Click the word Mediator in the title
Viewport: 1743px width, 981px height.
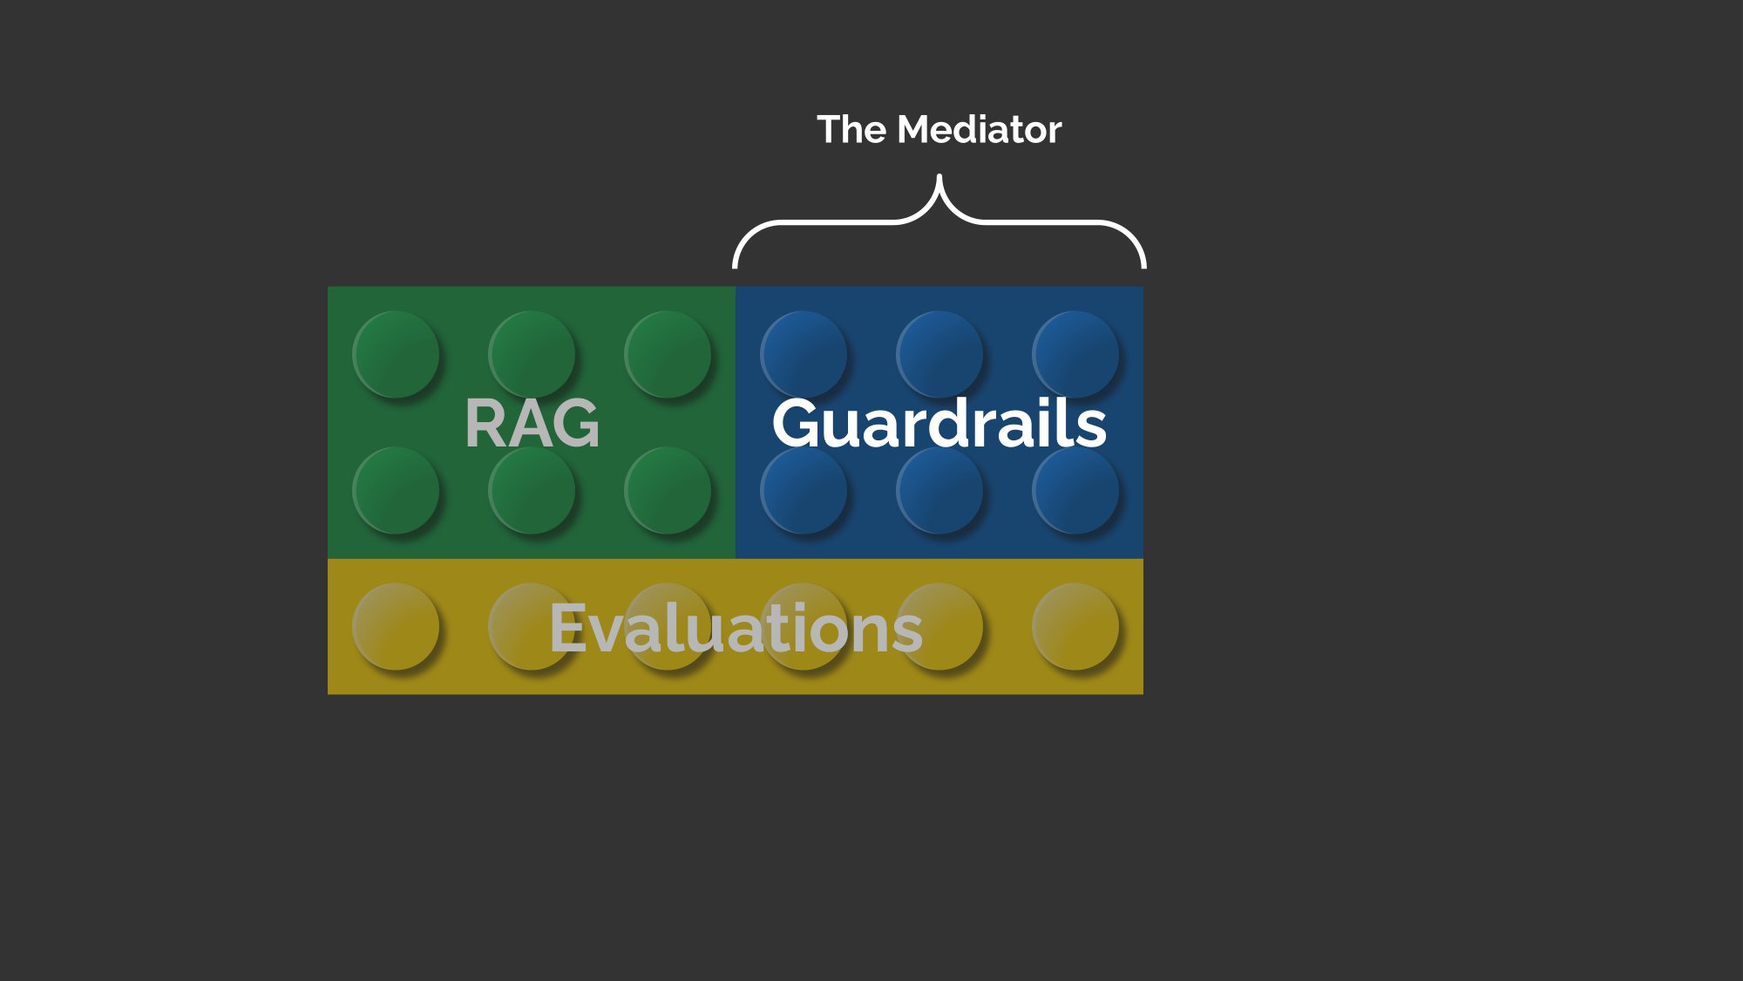pos(980,130)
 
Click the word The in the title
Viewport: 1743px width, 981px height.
pos(851,130)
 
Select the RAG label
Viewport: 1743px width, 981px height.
pos(532,423)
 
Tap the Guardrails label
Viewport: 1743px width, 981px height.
pos(939,423)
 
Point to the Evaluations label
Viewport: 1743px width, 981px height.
pos(736,628)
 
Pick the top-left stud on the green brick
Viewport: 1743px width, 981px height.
pos(396,355)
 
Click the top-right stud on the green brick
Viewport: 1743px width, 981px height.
pos(668,355)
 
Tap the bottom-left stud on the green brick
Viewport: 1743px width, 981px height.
pos(396,491)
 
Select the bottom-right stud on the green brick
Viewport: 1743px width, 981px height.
pos(668,491)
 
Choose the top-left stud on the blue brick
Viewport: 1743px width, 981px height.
pos(804,355)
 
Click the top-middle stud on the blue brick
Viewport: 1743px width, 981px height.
pos(939,355)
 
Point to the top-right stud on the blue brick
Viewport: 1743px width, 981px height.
pos(1075,355)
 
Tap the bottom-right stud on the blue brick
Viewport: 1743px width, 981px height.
pos(1075,491)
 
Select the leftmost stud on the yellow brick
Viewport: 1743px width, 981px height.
pos(396,627)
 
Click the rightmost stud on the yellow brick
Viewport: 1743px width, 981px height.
pos(1075,627)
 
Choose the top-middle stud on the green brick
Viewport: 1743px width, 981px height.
pos(532,355)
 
